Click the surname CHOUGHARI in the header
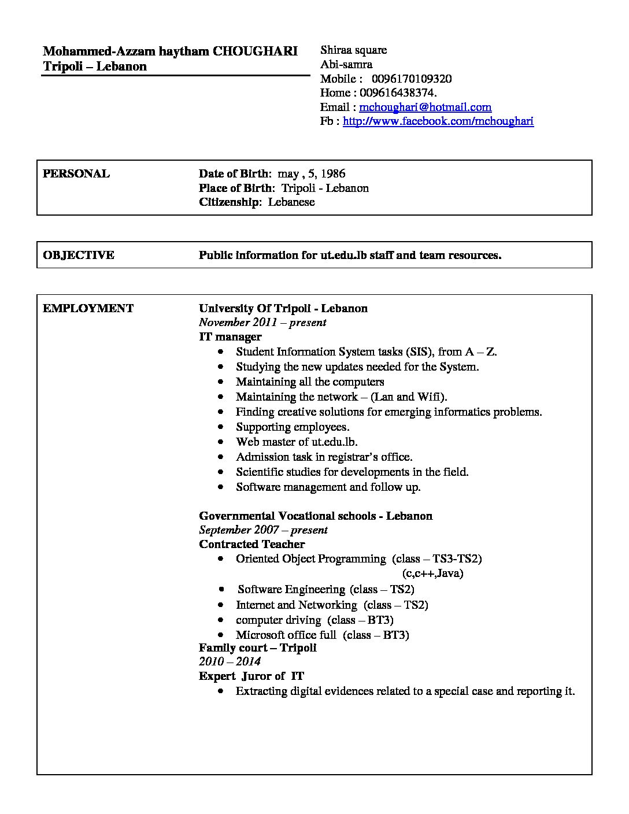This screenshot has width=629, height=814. click(x=255, y=51)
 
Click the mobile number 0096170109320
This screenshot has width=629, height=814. click(x=412, y=79)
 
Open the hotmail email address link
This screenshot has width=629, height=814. click(x=425, y=107)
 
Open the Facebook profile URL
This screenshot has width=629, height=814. click(x=438, y=121)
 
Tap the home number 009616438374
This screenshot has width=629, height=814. click(x=398, y=92)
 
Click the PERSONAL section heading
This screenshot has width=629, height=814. click(x=76, y=173)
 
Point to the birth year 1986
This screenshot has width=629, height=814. click(x=332, y=173)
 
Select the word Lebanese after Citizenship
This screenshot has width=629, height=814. click(x=291, y=202)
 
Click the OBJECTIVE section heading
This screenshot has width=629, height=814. click(x=79, y=255)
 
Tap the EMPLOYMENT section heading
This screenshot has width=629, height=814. click(x=88, y=308)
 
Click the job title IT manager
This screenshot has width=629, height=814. click(x=230, y=336)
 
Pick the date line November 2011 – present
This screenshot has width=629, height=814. click(x=262, y=323)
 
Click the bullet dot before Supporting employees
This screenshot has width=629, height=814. click(x=221, y=427)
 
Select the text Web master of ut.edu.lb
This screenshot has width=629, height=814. click(x=297, y=442)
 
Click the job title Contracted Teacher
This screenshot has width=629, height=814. click(x=251, y=544)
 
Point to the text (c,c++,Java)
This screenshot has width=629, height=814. click(x=432, y=573)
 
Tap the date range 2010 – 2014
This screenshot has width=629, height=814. click(x=230, y=661)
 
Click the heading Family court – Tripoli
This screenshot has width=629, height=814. click(x=257, y=647)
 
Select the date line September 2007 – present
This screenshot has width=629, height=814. click(x=263, y=530)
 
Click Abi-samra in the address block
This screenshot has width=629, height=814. click(x=346, y=64)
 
